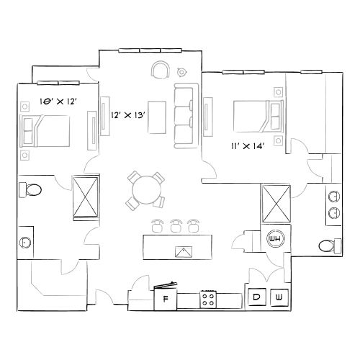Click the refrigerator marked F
[x=166, y=298]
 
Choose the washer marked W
[x=279, y=297]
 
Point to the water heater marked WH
[x=274, y=239]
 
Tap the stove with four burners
[x=210, y=297]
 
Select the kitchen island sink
[x=184, y=251]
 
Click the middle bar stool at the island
[x=176, y=225]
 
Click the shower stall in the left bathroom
[x=86, y=194]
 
